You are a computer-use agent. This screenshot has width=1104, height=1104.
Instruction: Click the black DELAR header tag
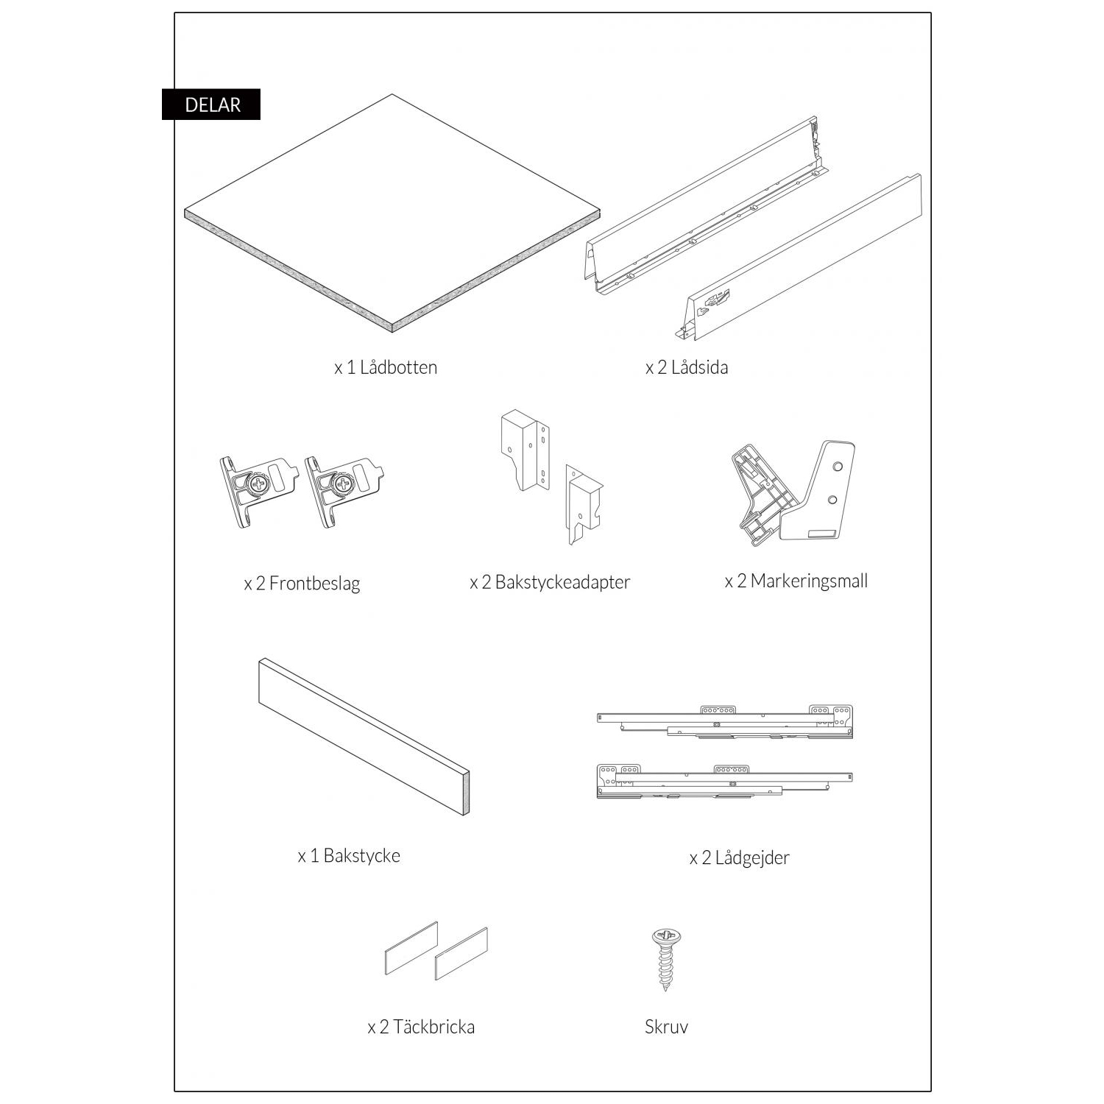click(211, 105)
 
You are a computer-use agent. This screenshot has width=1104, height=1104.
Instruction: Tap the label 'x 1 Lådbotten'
click(386, 367)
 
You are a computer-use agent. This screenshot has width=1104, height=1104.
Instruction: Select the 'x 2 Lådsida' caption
click(687, 367)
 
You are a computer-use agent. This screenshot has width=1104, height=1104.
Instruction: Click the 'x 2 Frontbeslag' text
click(302, 584)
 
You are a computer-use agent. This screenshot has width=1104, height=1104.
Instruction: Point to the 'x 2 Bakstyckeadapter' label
click(550, 582)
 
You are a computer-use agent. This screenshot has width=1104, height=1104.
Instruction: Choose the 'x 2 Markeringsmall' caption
click(796, 581)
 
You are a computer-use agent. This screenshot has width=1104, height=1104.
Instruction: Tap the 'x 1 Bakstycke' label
click(349, 856)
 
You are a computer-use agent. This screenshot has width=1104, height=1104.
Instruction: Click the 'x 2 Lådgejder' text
click(739, 858)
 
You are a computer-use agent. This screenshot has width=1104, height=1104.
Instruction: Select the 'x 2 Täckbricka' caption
click(421, 1027)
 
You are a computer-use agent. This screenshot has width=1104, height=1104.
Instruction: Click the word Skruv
click(666, 1027)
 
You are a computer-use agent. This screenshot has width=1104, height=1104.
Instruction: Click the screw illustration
click(666, 959)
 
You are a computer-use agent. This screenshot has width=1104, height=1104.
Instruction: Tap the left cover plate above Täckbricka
click(411, 948)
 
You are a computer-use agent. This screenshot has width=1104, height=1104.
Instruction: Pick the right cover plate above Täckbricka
click(461, 954)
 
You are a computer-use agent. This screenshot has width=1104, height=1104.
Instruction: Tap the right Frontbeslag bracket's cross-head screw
click(344, 484)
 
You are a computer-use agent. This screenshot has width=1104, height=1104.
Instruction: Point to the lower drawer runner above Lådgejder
click(725, 781)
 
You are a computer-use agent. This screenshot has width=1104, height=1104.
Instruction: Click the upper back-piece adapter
click(525, 449)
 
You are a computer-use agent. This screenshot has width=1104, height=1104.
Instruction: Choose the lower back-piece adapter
click(584, 503)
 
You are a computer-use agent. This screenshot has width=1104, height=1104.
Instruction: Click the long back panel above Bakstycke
click(364, 737)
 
